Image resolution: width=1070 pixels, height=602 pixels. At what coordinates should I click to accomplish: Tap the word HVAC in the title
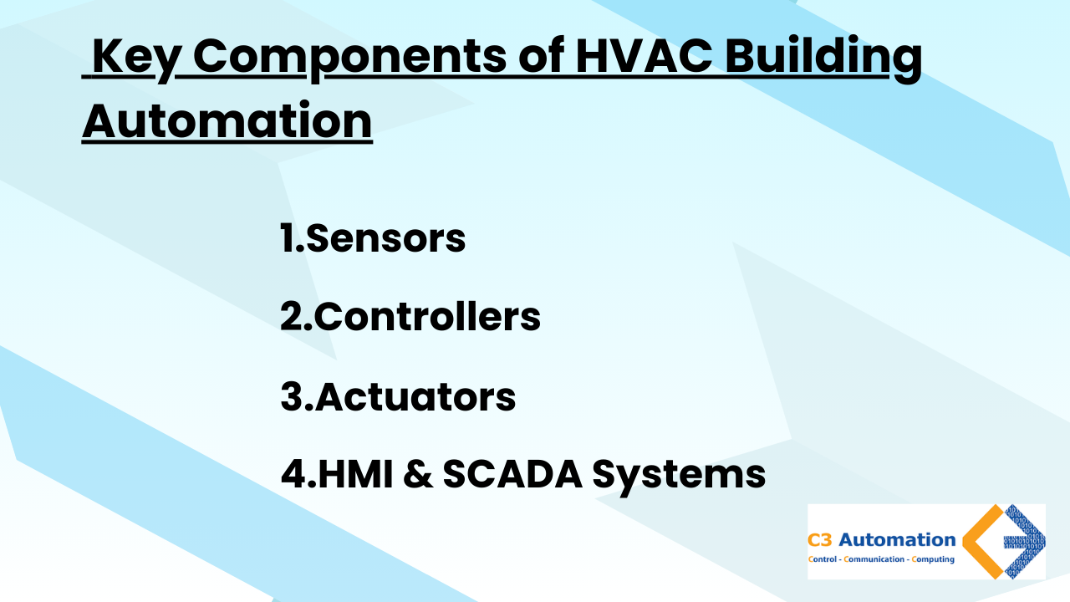(644, 57)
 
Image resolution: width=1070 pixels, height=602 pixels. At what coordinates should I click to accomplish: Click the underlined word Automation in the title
(227, 120)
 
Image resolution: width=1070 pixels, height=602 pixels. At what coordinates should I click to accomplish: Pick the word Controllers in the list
(427, 316)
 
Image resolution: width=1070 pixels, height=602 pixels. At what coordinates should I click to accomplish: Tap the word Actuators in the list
(415, 396)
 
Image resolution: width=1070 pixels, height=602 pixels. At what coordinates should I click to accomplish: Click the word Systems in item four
(679, 477)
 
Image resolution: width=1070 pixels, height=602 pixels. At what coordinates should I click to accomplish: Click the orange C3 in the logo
(820, 540)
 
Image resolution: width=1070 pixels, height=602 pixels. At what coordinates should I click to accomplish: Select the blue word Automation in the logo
(897, 540)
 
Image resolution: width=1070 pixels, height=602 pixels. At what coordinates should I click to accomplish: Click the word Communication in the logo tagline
(874, 559)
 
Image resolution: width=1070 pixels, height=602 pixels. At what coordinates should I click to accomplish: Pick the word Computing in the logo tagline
(933, 559)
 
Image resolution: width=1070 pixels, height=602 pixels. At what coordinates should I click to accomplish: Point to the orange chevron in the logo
(970, 542)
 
